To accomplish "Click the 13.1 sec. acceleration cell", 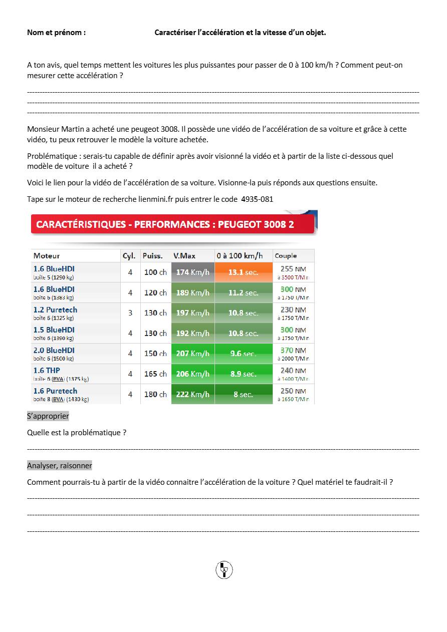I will click(x=244, y=272).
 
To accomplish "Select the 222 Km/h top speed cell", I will click(x=193, y=394).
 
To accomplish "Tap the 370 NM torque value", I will click(x=293, y=350).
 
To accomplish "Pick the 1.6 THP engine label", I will click(x=47, y=371).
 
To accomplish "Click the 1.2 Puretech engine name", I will click(x=55, y=309).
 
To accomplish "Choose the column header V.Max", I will click(x=184, y=256).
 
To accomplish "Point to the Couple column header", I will click(x=286, y=256).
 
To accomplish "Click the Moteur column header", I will click(x=47, y=256).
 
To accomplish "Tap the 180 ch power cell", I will click(x=155, y=394).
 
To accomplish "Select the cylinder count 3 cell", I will click(x=130, y=313).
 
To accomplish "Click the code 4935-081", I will click(x=257, y=199).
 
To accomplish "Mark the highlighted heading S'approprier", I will click(x=48, y=416).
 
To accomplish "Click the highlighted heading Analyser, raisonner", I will click(x=60, y=466).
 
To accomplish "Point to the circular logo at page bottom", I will click(x=224, y=570).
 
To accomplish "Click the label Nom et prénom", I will click(x=56, y=33).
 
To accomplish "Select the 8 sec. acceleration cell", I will click(x=244, y=395).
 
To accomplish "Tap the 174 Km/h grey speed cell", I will click(x=193, y=272).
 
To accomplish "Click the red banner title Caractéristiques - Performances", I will click(x=165, y=224).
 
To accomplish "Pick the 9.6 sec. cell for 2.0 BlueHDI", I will click(x=244, y=354).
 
